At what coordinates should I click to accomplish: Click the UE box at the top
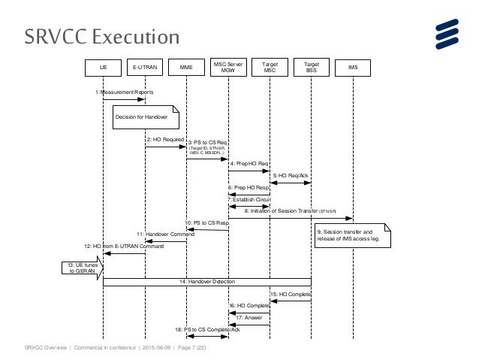tap(103, 67)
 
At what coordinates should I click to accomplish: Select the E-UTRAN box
tap(145, 67)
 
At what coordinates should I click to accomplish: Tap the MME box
tap(186, 67)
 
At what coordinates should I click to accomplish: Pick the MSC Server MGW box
tap(228, 67)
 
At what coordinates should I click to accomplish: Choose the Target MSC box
tap(270, 67)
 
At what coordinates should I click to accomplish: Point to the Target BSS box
tap(312, 67)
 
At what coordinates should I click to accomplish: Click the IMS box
tap(353, 67)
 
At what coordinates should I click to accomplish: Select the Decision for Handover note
tap(146, 116)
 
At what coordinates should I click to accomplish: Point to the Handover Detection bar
tap(207, 281)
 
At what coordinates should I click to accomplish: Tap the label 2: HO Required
tap(164, 140)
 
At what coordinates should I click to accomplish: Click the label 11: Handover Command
tap(161, 234)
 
